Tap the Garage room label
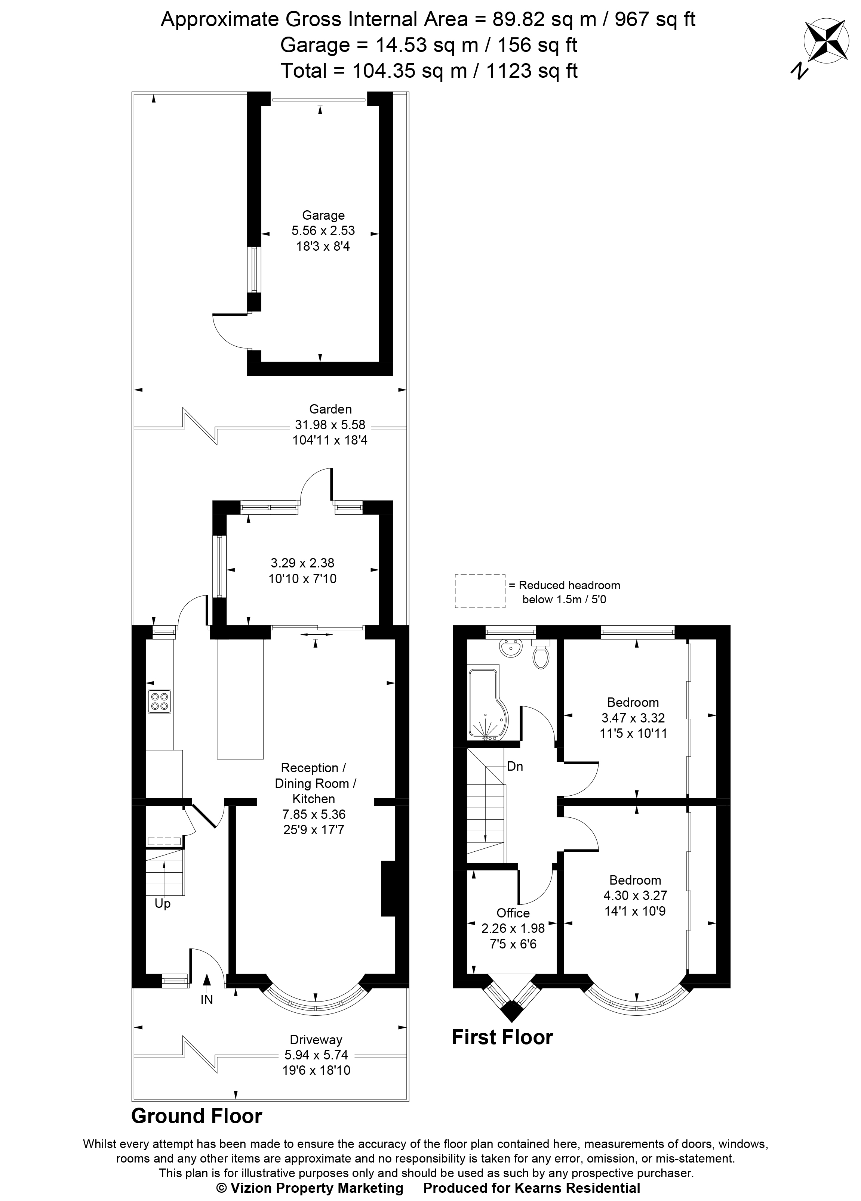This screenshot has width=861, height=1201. tap(323, 215)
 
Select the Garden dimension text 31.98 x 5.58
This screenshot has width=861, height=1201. tap(330, 425)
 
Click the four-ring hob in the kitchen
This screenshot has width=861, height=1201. tap(160, 702)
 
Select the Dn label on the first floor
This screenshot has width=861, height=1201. tap(515, 766)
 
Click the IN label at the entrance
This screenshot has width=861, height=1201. tap(207, 1000)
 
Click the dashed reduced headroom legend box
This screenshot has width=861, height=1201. tap(480, 591)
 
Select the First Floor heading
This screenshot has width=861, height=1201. tap(502, 1037)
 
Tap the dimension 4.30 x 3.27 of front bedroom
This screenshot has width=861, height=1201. tap(635, 895)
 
